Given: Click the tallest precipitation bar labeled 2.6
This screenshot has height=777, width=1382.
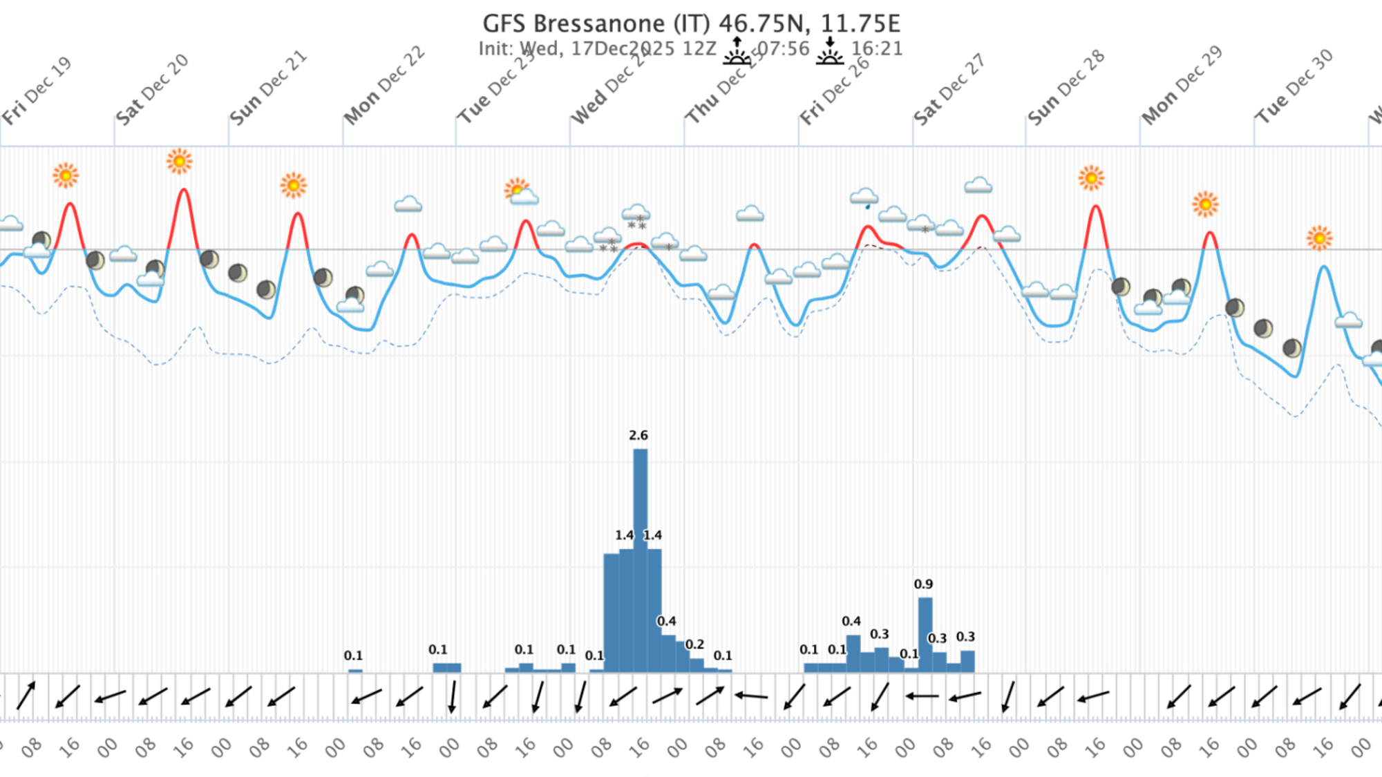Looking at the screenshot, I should click(640, 559).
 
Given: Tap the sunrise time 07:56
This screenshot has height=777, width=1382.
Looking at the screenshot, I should click(783, 49).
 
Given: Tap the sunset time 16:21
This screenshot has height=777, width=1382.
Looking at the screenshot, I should click(876, 49).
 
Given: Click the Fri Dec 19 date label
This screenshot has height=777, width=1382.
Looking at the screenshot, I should click(37, 91).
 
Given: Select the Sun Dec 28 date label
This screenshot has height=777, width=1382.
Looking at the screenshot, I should click(1066, 88).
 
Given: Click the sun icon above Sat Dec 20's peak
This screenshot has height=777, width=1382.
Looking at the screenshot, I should click(179, 162).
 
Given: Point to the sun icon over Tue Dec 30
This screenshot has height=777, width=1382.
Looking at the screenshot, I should click(1319, 238).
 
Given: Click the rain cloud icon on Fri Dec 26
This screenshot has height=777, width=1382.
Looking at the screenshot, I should click(864, 198).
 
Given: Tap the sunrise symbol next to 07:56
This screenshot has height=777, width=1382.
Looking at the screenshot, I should click(737, 51).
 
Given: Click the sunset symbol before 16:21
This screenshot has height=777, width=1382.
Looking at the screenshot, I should click(829, 51).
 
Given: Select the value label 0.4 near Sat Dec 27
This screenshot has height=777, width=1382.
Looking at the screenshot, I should click(851, 622).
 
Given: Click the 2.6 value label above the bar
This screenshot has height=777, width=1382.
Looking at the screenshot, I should click(638, 435).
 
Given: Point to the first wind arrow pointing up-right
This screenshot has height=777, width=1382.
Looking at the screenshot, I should click(26, 696).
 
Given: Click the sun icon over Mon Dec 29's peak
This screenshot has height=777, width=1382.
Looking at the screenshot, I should click(1205, 204).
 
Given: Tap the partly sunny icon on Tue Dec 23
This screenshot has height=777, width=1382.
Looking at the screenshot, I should click(520, 192).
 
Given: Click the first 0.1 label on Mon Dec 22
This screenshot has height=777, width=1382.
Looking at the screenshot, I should click(353, 655).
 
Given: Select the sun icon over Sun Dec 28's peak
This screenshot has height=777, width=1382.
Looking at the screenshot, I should click(1091, 178).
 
